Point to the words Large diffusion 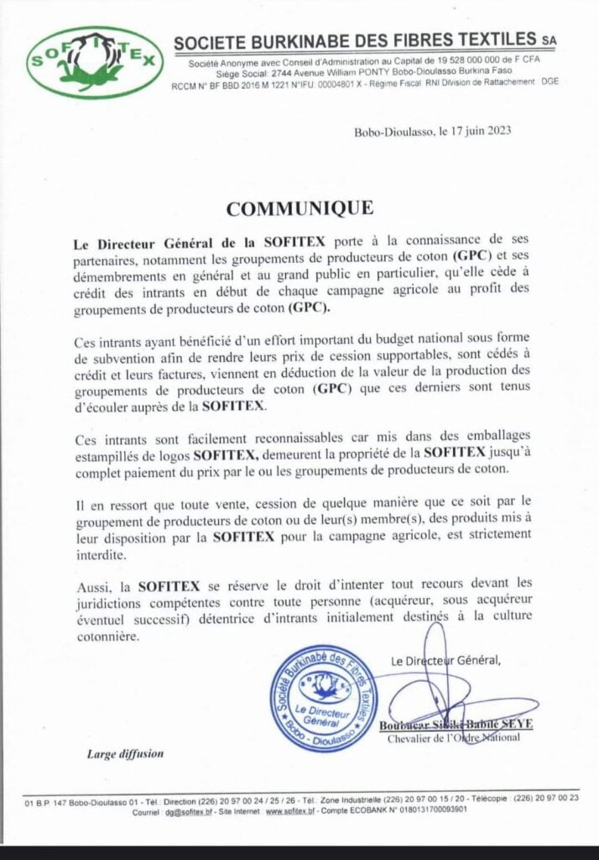[125, 753]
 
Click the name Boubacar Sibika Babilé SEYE [450, 725]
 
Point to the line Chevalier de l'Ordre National [453, 737]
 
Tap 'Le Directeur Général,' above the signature [445, 661]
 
